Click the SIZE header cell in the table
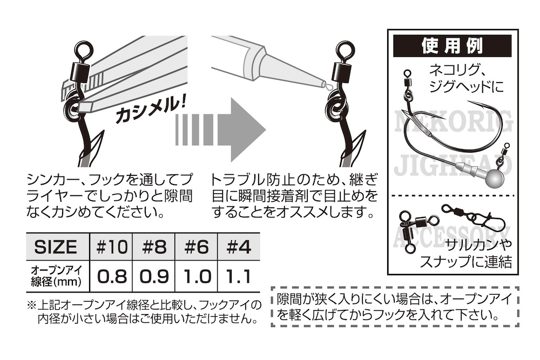tap(56, 247)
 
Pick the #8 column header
tap(154, 247)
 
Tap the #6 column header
tap(197, 247)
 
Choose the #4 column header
tap(238, 247)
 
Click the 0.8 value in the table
tap(112, 277)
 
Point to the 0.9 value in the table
tap(154, 277)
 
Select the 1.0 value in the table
tap(197, 277)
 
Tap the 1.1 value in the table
tap(238, 277)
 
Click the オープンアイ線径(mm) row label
tap(56, 276)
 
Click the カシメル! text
tap(148, 111)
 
